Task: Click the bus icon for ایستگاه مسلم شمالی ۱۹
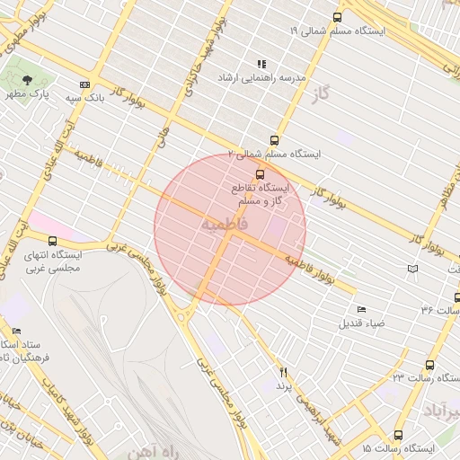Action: pos(338,17)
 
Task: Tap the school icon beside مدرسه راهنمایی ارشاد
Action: pos(261,64)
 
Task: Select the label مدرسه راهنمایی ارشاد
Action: pos(261,78)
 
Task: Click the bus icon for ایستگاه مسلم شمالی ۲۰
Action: pos(274,139)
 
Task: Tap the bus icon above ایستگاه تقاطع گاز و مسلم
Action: pos(260,173)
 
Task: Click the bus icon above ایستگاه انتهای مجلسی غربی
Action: pos(53,241)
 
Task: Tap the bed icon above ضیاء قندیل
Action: pos(361,309)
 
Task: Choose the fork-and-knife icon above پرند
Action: pos(284,371)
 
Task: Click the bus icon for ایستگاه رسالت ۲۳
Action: pos(429,365)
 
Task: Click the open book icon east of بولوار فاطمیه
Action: pos(412,269)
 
